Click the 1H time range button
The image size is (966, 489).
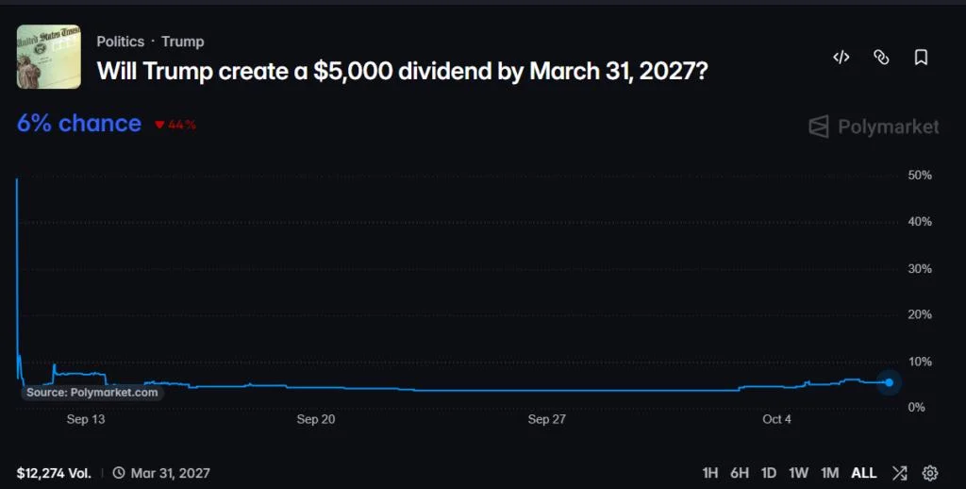710,473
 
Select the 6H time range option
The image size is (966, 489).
740,473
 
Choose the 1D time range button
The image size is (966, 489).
768,473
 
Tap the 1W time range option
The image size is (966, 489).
798,473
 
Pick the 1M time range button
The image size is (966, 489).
830,473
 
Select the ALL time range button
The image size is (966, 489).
864,473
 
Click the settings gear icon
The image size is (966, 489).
929,473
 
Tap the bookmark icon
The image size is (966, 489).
921,58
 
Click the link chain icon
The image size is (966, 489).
882,58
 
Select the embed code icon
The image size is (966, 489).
841,58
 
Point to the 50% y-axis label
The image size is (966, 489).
920,176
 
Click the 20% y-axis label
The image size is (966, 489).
920,314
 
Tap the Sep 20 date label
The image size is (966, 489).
316,419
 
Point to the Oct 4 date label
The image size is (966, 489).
777,419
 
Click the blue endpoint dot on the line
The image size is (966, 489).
889,382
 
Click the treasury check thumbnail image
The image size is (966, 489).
49,57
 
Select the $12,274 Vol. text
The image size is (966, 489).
54,473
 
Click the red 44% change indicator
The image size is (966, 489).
175,125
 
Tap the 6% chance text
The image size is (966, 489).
79,124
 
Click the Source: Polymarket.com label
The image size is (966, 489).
92,393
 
